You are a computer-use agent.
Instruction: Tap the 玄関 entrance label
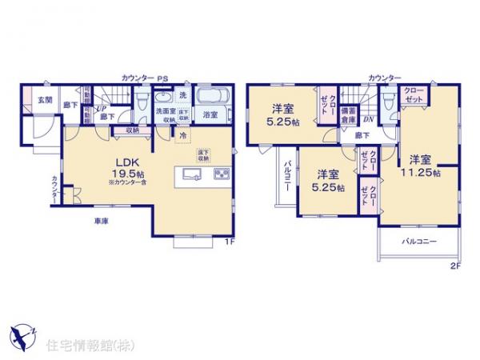44,100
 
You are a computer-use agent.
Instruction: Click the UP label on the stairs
102,108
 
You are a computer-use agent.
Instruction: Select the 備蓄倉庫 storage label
349,114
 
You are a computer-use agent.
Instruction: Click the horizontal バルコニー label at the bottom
418,240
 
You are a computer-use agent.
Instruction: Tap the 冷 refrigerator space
182,135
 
